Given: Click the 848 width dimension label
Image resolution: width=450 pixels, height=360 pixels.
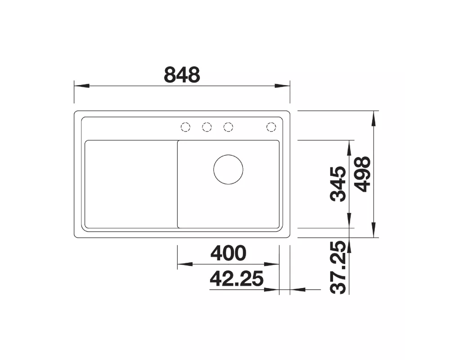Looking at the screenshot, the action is [x=182, y=75].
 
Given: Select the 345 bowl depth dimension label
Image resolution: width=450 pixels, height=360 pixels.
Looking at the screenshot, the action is [x=338, y=184].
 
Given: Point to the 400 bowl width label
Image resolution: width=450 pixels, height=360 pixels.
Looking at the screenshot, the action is [x=228, y=253].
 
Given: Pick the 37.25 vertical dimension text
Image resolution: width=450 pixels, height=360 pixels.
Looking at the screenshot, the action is [x=338, y=268].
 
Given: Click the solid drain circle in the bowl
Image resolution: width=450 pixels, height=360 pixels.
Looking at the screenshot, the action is [x=228, y=169].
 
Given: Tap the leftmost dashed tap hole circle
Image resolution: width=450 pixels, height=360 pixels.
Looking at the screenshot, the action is [x=185, y=127].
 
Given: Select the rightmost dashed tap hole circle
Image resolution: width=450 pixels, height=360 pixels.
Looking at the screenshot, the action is [x=271, y=127].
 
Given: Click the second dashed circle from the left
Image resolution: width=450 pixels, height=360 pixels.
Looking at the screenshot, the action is [x=207, y=127].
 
